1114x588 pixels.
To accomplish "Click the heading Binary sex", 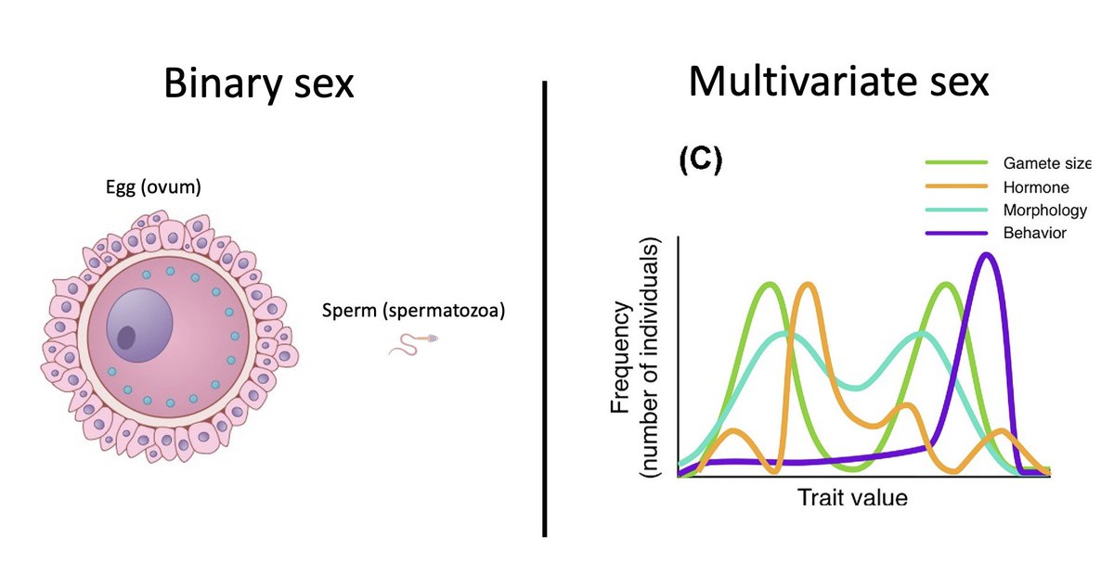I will click(259, 84).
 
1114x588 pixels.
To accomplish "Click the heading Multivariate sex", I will click(838, 84).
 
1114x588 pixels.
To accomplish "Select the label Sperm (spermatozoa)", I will click(413, 311).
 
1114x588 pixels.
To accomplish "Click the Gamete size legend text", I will click(1046, 163).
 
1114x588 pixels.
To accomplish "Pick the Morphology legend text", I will click(1044, 210).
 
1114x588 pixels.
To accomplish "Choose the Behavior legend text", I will click(1034, 232).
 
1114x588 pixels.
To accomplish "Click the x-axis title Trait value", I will click(852, 497).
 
